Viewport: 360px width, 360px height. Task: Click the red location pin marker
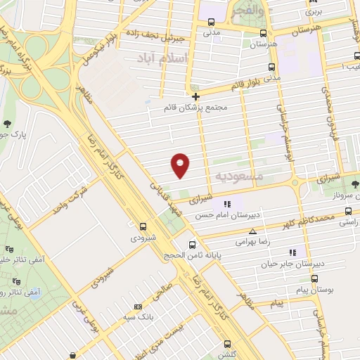[x=180, y=164]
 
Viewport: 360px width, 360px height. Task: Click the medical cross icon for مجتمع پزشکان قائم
[x=195, y=96]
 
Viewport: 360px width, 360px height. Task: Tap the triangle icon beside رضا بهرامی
[x=253, y=230]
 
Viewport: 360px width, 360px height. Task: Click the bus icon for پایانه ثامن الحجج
[x=192, y=245]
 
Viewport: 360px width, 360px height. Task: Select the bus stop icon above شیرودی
[x=143, y=226]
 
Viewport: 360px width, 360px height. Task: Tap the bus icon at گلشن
[x=226, y=344]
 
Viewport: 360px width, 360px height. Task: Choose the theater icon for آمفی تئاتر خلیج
[x=9, y=249]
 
